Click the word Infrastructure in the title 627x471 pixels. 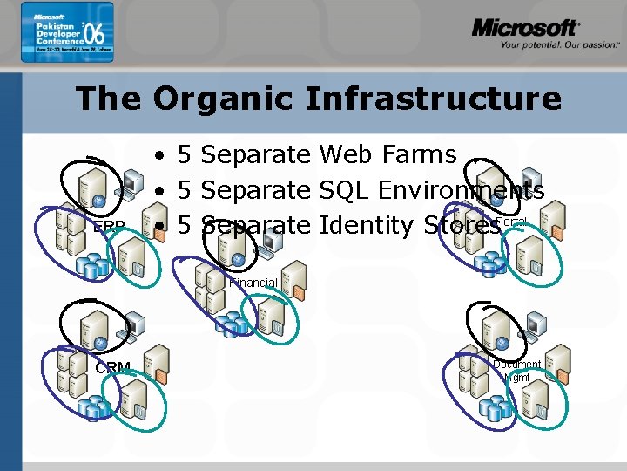(433, 99)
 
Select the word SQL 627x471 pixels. (349, 190)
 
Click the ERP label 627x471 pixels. (109, 227)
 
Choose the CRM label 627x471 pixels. (112, 368)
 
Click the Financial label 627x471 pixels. (253, 283)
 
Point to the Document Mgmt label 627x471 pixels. (516, 371)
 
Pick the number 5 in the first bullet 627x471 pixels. (185, 155)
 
